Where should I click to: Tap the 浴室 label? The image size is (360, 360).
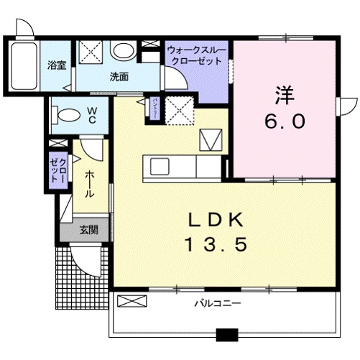point(57,65)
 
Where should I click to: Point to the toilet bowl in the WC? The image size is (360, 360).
point(66,114)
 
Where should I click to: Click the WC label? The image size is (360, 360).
point(93,115)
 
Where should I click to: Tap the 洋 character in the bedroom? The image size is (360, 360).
point(282,93)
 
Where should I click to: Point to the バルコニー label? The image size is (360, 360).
point(216,303)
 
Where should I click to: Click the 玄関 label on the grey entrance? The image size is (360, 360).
point(89,230)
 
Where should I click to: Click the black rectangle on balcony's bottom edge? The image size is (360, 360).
point(226,334)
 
